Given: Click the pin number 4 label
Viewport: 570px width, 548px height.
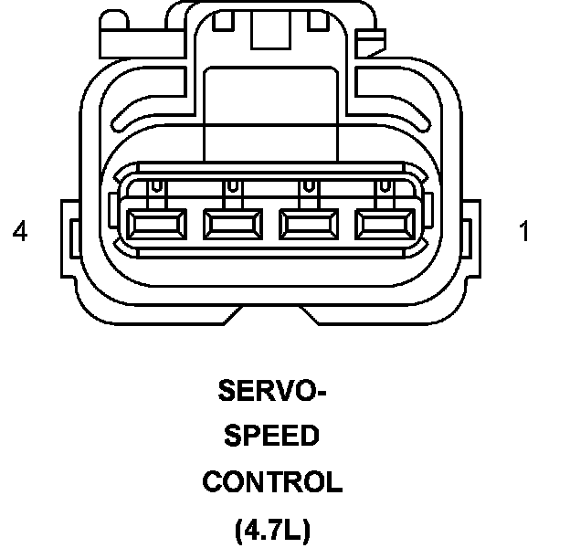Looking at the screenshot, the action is [20, 232].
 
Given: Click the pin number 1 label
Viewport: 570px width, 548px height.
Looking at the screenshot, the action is [523, 232].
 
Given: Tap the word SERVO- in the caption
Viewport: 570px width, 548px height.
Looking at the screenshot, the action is [272, 392].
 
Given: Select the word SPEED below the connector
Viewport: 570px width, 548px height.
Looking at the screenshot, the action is [272, 437].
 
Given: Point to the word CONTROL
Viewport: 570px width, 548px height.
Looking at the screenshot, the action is [272, 481].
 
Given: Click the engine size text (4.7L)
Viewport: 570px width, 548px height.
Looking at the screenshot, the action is [272, 528].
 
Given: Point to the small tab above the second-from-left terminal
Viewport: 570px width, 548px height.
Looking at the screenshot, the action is [234, 186].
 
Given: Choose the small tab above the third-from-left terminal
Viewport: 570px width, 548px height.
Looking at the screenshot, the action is [311, 186].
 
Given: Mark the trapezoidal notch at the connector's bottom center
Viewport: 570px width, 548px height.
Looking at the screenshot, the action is [272, 316].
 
